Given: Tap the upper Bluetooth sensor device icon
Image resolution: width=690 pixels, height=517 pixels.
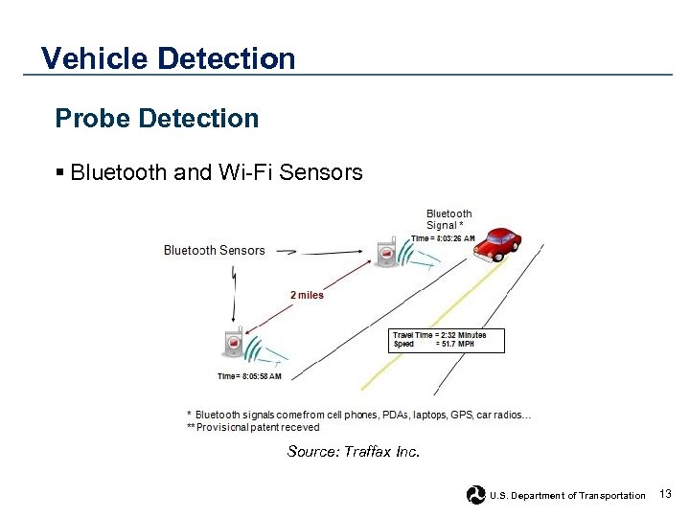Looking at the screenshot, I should click(387, 252).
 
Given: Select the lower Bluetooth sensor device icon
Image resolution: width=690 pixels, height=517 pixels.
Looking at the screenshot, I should click(233, 344).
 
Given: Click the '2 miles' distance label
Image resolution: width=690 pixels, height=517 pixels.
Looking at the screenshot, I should click(307, 295).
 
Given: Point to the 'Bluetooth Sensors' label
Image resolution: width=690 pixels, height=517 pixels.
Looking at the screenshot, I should click(214, 251).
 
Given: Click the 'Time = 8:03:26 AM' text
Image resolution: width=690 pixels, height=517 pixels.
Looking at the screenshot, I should click(443, 238).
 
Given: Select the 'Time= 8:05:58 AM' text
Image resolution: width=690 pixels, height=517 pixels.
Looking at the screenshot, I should click(249, 376).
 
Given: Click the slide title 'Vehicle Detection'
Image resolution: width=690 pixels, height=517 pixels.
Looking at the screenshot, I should click(169, 59).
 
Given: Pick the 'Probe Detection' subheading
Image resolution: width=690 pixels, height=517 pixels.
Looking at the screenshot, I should click(157, 119).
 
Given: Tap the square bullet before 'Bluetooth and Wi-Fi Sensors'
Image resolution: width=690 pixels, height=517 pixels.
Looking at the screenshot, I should click(60, 172).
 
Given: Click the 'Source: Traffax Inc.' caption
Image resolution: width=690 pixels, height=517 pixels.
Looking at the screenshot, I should click(353, 451).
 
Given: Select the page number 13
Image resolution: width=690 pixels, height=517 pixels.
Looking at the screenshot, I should click(666, 494).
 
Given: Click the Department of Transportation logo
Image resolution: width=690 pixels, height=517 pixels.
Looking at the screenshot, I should click(475, 495).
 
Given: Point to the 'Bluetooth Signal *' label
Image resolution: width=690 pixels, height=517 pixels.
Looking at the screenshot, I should click(448, 219).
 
